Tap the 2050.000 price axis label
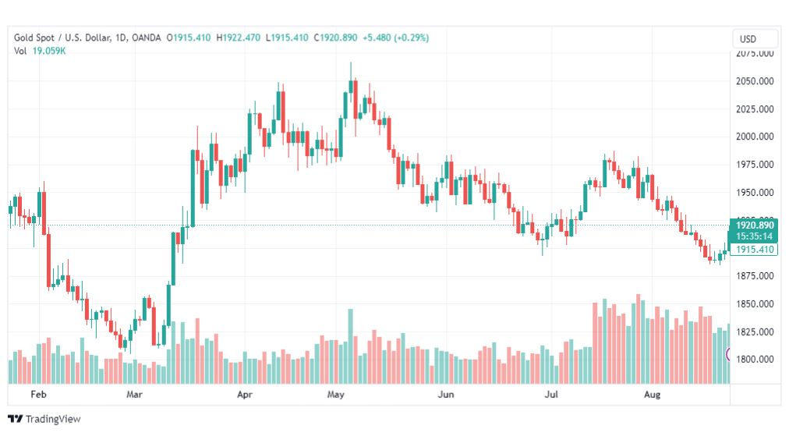pyautogui.click(x=755, y=81)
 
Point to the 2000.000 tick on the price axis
pyautogui.click(x=755, y=137)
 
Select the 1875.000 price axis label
pyautogui.click(x=755, y=276)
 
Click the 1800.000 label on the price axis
pyautogui.click(x=755, y=360)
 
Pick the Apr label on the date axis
pyautogui.click(x=245, y=395)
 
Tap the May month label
pyautogui.click(x=336, y=395)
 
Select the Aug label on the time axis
pyautogui.click(x=653, y=395)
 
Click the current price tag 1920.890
pyautogui.click(x=755, y=225)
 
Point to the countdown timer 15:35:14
pyautogui.click(x=755, y=236)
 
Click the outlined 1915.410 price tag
pyautogui.click(x=755, y=250)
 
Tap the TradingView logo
pyautogui.click(x=44, y=419)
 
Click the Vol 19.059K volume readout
pyautogui.click(x=40, y=51)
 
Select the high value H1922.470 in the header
pyautogui.click(x=239, y=37)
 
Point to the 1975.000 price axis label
pyautogui.click(x=755, y=165)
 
